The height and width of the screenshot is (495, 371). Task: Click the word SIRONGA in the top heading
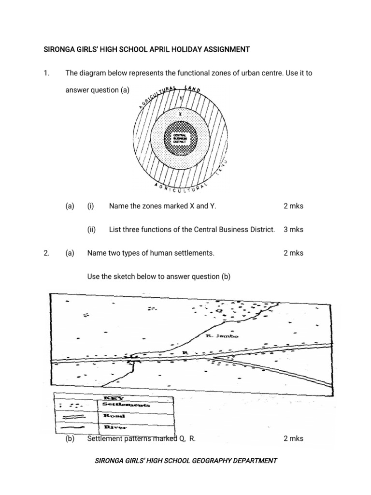60,49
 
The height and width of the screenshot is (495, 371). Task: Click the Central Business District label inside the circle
179,138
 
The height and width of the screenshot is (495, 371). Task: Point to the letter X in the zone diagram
179,115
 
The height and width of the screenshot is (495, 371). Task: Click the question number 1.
46,73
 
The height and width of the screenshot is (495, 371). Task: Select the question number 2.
46,253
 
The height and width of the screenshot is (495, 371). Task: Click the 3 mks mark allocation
293,230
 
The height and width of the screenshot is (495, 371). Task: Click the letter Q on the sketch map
219,311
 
